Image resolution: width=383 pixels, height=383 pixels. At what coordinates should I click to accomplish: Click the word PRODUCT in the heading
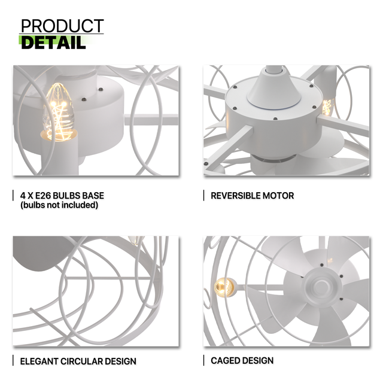pos(62,26)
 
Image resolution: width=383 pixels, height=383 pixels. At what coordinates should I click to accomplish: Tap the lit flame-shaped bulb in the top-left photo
pos(59,112)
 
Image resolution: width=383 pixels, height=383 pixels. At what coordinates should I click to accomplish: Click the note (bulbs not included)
pos(59,205)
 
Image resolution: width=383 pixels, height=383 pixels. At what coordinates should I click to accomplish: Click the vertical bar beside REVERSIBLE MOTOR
pos(203,196)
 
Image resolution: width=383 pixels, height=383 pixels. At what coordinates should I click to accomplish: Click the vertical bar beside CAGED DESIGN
pos(203,360)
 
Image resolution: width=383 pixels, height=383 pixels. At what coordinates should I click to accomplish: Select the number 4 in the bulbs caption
pos(23,196)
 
